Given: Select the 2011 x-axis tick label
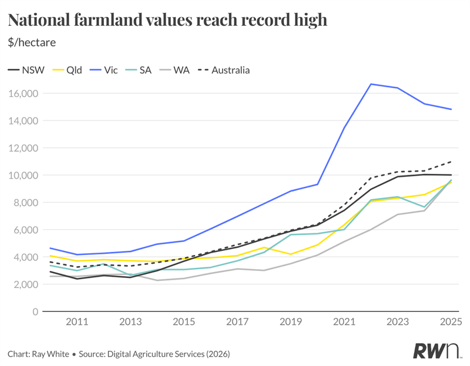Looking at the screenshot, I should [x=77, y=323].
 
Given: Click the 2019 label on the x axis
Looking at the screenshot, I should [x=291, y=323].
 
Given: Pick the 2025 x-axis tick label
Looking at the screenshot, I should [x=450, y=323].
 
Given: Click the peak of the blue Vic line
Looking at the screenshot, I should [x=371, y=84].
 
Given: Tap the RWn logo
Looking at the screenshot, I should [x=437, y=351].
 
